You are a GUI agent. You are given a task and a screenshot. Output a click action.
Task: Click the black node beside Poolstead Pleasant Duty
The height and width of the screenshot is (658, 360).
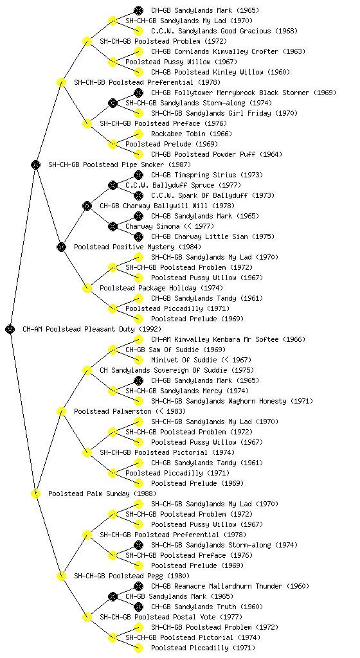(x=10, y=329)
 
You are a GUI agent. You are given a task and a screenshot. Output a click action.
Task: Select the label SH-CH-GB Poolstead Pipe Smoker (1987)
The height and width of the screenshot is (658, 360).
(x=120, y=164)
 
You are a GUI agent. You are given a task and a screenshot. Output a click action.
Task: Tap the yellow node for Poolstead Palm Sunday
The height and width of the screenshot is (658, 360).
(x=35, y=493)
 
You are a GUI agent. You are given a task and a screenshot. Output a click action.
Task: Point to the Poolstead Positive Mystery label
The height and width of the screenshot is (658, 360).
(x=138, y=247)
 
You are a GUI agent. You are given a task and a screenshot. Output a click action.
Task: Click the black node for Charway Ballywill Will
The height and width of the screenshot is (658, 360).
(x=87, y=206)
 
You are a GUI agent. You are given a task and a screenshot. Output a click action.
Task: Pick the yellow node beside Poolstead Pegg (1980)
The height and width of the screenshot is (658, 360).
(x=61, y=576)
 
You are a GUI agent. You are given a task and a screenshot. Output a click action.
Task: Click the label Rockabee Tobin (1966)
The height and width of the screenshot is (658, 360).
(x=192, y=134)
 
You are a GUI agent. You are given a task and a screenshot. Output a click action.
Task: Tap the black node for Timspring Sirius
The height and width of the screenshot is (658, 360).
(x=138, y=175)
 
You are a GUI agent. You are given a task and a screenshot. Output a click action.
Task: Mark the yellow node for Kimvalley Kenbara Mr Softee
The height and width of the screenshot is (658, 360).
(x=138, y=339)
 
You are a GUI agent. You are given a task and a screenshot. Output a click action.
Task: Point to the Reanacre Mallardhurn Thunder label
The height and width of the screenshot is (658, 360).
(x=230, y=586)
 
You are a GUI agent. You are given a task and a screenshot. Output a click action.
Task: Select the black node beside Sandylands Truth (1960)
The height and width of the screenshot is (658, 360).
(x=138, y=607)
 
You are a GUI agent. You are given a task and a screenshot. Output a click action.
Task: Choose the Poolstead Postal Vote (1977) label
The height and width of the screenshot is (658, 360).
(x=171, y=617)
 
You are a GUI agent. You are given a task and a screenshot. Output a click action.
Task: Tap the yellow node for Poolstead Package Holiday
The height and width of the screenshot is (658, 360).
(x=87, y=288)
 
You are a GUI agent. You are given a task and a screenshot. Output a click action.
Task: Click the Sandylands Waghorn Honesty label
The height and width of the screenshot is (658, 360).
(x=232, y=401)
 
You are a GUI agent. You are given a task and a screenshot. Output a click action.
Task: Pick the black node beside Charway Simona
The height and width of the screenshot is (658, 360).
(x=113, y=226)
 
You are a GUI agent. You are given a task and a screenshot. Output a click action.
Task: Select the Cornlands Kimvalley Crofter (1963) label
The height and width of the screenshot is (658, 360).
(x=228, y=51)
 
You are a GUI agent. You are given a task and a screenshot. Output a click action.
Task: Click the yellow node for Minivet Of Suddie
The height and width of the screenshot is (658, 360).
(x=138, y=360)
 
